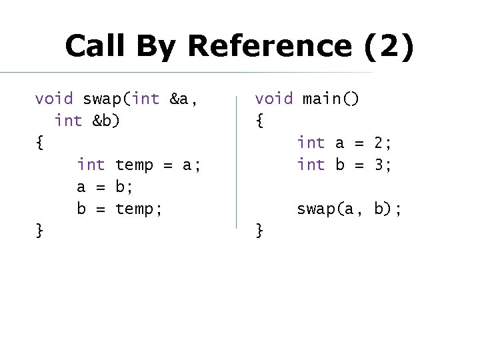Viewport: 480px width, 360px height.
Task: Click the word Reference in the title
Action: tap(269, 46)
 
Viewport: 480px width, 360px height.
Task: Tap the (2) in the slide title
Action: tap(389, 47)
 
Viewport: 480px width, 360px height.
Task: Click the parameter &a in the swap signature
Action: tap(180, 99)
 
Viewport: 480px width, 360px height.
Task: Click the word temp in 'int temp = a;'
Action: tap(134, 164)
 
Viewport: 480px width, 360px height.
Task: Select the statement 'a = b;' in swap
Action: tap(106, 186)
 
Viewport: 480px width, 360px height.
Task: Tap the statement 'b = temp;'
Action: tap(119, 209)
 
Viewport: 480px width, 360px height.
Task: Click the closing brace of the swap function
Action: tap(39, 231)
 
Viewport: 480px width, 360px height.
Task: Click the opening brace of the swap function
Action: tap(39, 143)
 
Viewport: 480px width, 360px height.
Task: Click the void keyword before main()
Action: tap(273, 99)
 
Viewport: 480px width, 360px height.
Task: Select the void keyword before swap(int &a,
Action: tap(54, 99)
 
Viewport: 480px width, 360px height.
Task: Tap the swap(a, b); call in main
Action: tap(349, 209)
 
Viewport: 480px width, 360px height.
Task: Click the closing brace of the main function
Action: tap(259, 231)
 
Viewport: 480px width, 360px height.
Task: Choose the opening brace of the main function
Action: tap(259, 121)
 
